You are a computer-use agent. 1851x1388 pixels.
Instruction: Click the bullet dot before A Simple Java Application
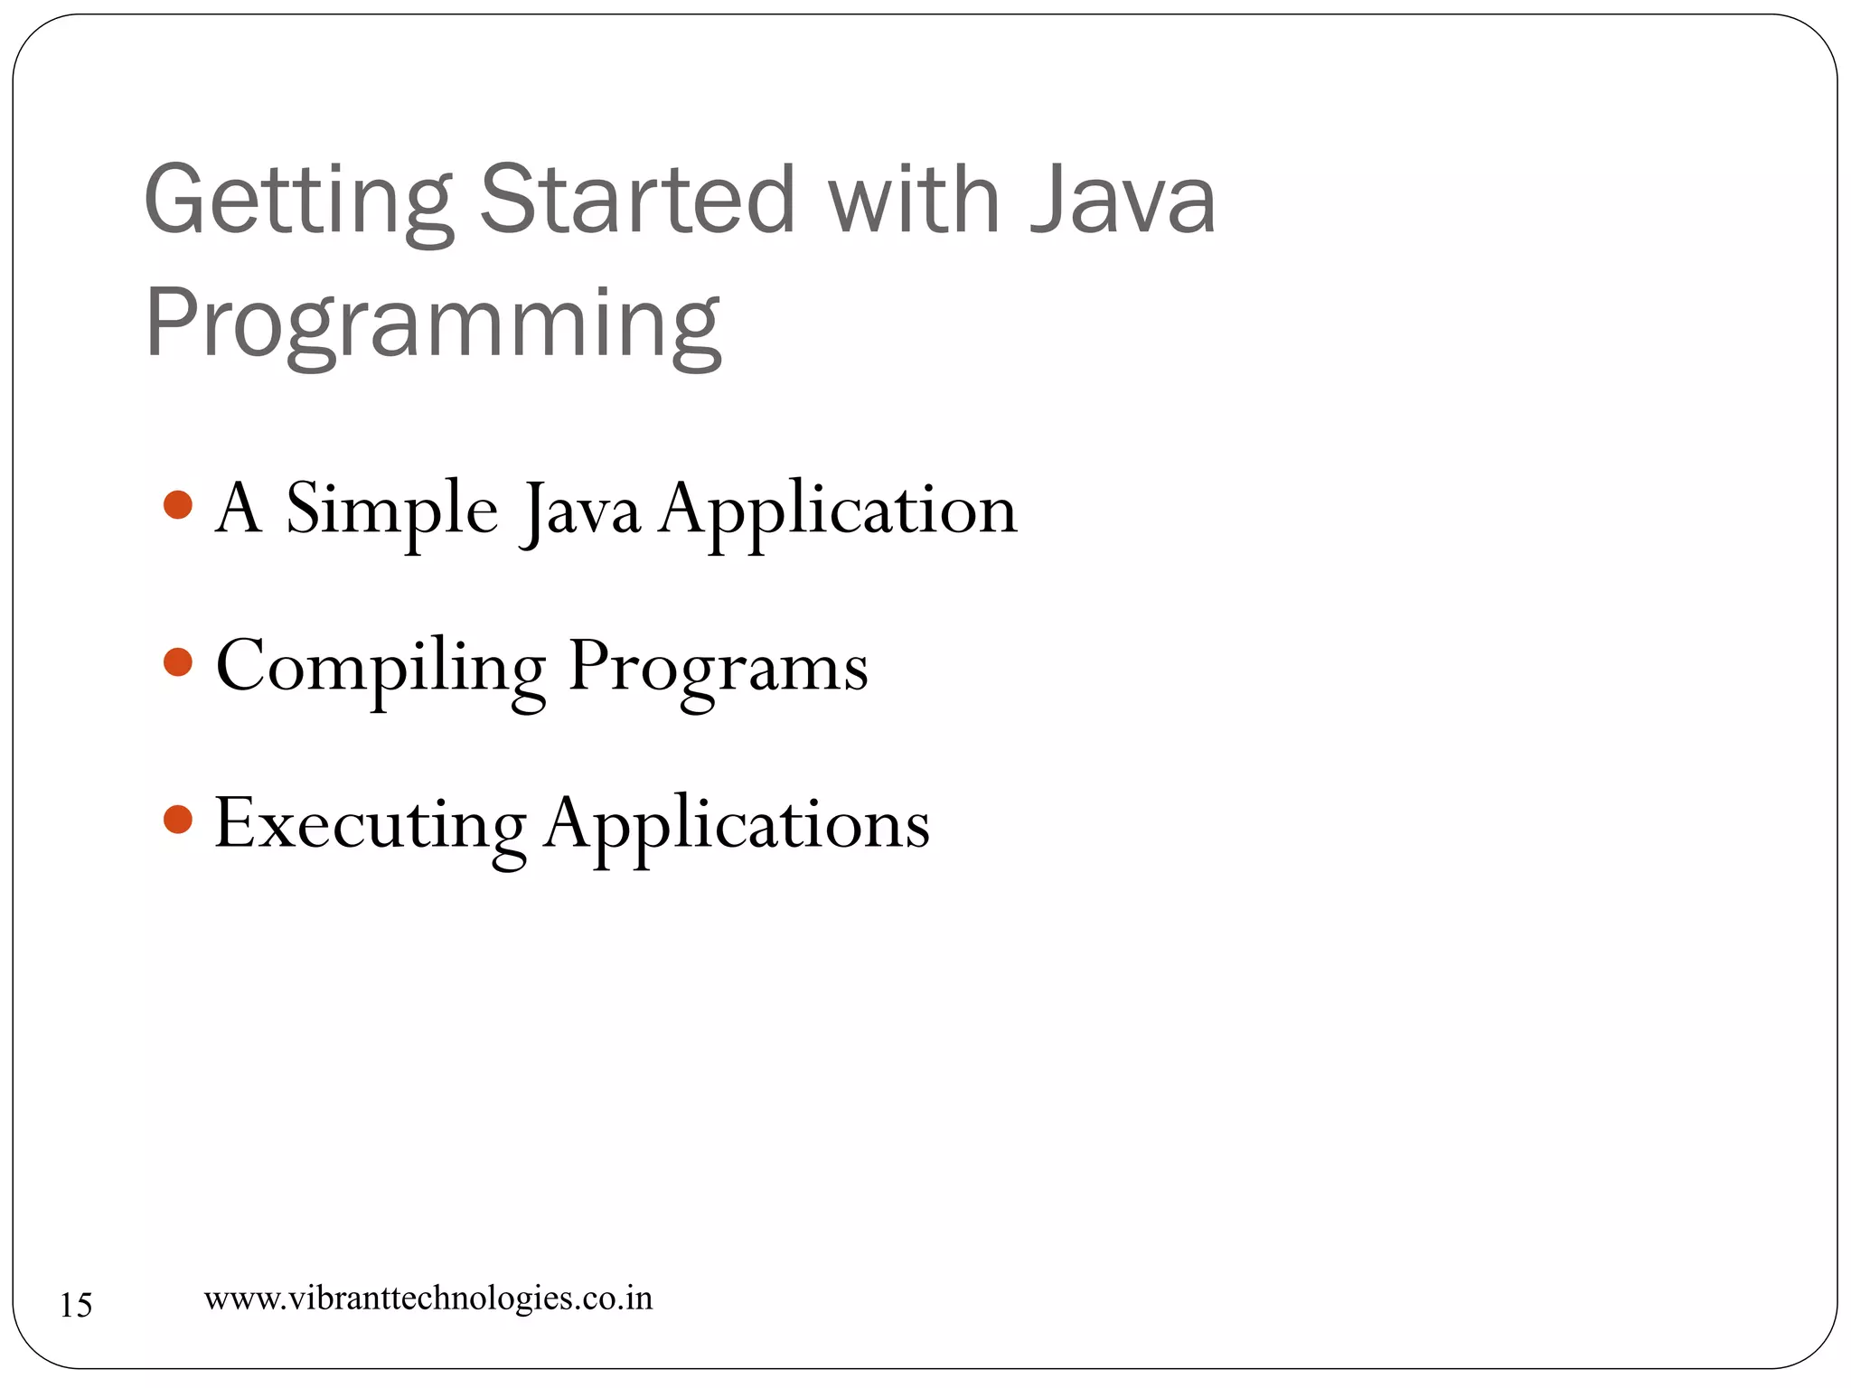coord(178,505)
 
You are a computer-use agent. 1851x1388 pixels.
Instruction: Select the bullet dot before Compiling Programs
coord(178,662)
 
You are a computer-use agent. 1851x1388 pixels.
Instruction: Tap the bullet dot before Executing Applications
coord(178,820)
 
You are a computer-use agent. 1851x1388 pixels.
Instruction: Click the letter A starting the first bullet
coord(239,508)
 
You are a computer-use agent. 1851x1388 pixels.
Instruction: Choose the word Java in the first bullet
coord(581,511)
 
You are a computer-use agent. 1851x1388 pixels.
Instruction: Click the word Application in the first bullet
coord(838,511)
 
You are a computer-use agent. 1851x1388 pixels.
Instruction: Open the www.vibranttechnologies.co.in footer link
coord(428,1299)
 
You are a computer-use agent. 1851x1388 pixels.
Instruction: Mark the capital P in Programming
coord(171,321)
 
